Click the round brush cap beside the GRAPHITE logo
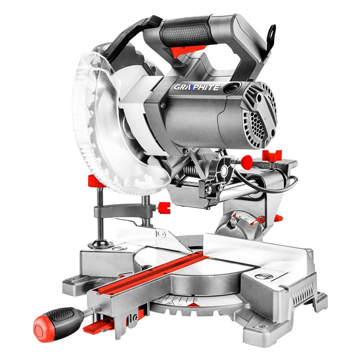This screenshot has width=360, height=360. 234,88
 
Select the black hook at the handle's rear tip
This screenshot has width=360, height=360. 272,34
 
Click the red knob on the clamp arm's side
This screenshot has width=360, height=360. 163,207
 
